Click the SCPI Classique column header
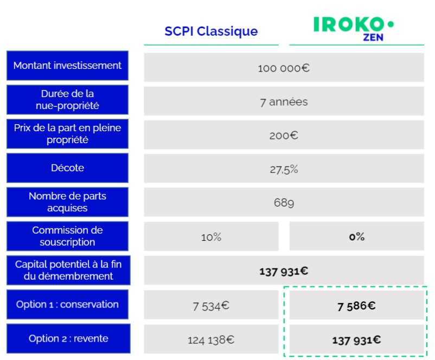(x=211, y=31)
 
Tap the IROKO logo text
(x=349, y=24)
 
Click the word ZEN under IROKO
(x=373, y=37)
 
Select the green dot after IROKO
(x=391, y=24)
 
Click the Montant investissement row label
(x=67, y=66)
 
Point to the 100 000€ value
(x=284, y=68)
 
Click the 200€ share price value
(x=284, y=136)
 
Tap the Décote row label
(x=67, y=168)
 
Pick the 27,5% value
(x=284, y=169)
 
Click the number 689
(x=284, y=203)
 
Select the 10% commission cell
(x=211, y=237)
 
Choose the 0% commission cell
(x=357, y=236)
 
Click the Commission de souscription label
(x=67, y=236)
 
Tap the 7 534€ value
(x=211, y=306)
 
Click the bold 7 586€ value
(x=356, y=306)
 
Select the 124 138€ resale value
(x=211, y=340)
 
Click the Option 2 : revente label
(x=68, y=338)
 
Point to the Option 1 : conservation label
(x=67, y=304)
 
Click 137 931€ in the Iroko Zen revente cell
(x=356, y=340)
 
